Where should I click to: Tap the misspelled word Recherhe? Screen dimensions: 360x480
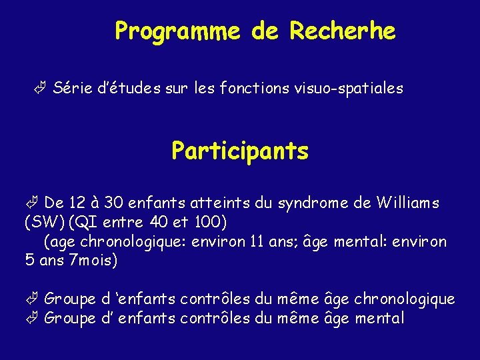point(343,31)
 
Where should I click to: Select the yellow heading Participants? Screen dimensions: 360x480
point(240,151)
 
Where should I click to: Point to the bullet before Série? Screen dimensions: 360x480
point(41,88)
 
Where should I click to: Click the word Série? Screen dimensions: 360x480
point(71,88)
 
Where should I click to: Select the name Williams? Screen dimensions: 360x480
point(407,202)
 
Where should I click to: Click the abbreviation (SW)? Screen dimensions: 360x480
point(44,221)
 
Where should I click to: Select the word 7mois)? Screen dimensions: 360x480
point(92,259)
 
